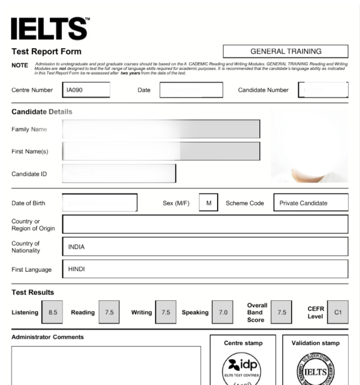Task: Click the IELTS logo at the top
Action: coord(50,29)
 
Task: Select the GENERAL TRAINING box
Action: coord(286,51)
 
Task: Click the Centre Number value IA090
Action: coord(75,90)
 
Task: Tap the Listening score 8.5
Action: coord(53,312)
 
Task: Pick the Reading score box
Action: coord(109,312)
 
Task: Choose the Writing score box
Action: coord(166,312)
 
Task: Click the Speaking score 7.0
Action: coord(223,312)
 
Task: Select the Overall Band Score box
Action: coord(282,312)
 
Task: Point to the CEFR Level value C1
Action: coord(338,312)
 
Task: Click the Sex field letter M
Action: coord(209,203)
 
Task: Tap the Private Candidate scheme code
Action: coord(303,203)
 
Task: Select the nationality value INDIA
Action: coord(76,247)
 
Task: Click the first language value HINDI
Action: coord(76,269)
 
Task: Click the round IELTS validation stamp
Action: coord(315,370)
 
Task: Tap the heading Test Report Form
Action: coord(46,51)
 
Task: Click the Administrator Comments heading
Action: coord(48,337)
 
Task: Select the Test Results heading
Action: coord(33,292)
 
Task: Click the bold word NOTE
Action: coord(20,65)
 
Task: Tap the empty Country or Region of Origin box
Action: coord(205,224)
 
